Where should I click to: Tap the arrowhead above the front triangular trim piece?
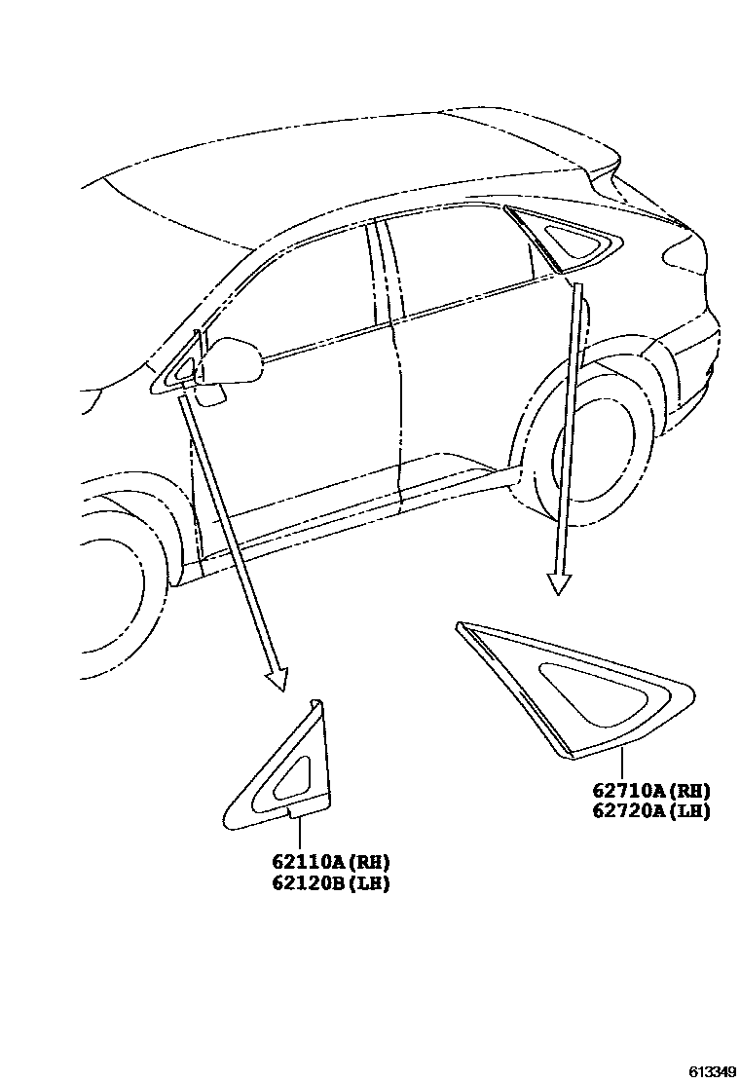pos(277,677)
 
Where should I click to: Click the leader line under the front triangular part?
pos(300,833)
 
